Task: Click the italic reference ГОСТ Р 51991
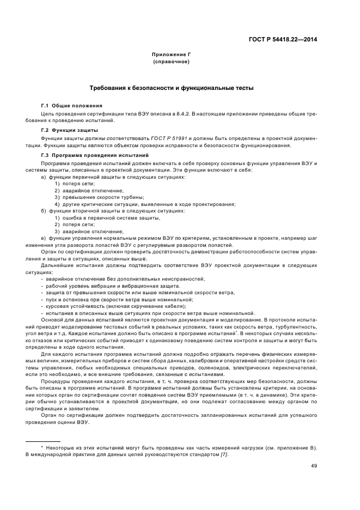click(x=169, y=139)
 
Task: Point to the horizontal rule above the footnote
click(x=43, y=441)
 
